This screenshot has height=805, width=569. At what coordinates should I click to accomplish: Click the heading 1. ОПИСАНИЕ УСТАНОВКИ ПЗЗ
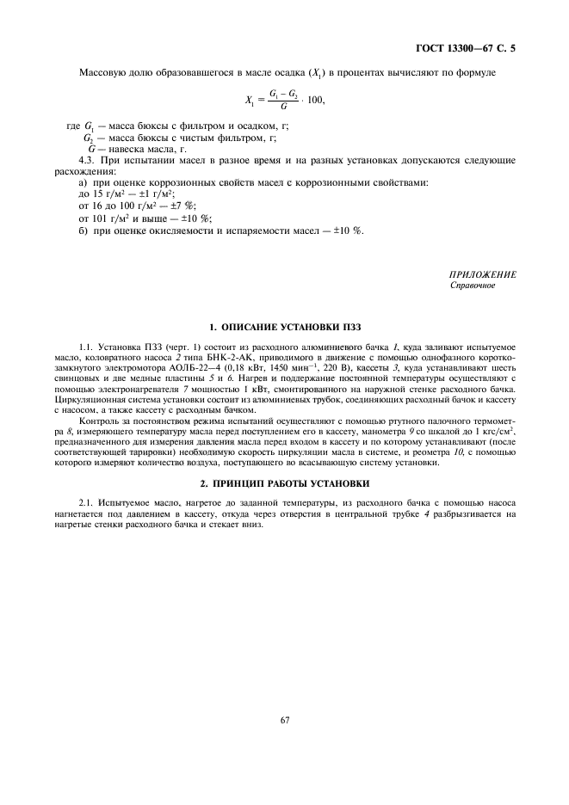pos(283,328)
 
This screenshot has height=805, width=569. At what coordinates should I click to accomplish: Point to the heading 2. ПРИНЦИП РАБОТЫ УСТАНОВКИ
pos(283,483)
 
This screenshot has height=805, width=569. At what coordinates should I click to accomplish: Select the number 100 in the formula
pos(319,101)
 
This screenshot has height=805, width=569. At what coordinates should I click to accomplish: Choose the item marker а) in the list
pos(83,183)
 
